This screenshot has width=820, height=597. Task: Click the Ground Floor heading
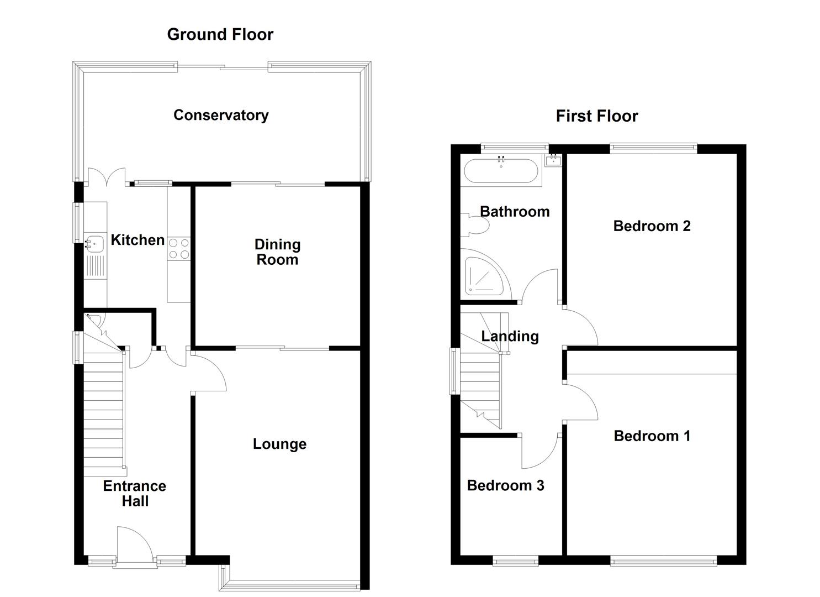pyautogui.click(x=220, y=34)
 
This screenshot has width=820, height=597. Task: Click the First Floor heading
pyautogui.click(x=596, y=116)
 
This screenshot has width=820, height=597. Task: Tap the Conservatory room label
pyautogui.click(x=221, y=115)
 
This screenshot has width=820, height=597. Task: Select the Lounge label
pyautogui.click(x=279, y=444)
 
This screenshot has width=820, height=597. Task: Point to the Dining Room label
pyautogui.click(x=277, y=252)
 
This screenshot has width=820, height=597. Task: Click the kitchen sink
pyautogui.click(x=94, y=243)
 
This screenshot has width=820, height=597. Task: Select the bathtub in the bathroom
pyautogui.click(x=500, y=171)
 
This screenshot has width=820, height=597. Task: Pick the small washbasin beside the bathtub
pyautogui.click(x=553, y=161)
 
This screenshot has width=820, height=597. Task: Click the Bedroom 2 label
pyautogui.click(x=652, y=226)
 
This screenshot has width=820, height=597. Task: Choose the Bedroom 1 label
pyautogui.click(x=652, y=436)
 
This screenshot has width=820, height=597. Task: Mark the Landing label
pyautogui.click(x=510, y=336)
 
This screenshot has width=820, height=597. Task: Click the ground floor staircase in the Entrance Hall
pyautogui.click(x=103, y=415)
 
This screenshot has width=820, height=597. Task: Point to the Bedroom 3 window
pyautogui.click(x=515, y=562)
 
